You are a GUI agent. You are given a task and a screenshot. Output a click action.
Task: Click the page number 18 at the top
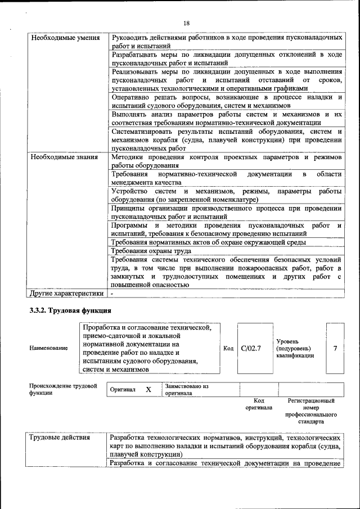click(x=186, y=22)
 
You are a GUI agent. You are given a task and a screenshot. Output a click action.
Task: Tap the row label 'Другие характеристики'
click(x=67, y=293)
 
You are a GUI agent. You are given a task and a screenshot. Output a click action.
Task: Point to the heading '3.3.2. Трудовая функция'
click(x=70, y=310)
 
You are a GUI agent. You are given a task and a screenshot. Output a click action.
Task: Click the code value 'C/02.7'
click(x=251, y=348)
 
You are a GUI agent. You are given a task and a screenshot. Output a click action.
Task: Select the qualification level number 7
click(x=335, y=348)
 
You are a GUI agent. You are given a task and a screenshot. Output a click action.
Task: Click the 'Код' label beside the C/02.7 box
click(x=228, y=349)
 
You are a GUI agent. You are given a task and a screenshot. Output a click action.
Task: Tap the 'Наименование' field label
click(x=48, y=348)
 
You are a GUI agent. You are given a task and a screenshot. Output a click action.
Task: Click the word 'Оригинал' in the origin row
click(x=123, y=390)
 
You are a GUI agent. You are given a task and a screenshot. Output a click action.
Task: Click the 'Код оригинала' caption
click(x=259, y=404)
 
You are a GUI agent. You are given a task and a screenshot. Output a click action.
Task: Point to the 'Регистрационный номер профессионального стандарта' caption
click(x=311, y=411)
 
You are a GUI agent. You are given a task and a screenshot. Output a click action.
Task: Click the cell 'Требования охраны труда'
click(x=147, y=251)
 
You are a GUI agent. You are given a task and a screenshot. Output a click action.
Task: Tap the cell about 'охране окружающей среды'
click(x=208, y=242)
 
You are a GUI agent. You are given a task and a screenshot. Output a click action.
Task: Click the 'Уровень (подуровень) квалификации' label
click(x=295, y=348)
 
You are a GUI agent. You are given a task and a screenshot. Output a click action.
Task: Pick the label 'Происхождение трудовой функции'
click(x=62, y=390)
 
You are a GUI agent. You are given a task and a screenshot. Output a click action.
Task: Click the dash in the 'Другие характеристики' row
click(x=112, y=293)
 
